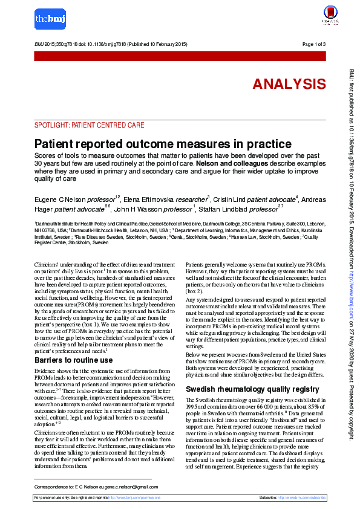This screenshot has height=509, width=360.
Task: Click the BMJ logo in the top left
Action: click(50, 19)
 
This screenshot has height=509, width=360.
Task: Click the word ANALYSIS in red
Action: click(289, 84)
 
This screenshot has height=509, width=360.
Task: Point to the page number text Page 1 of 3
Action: click(314, 45)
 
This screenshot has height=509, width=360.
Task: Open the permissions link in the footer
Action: click(143, 498)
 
